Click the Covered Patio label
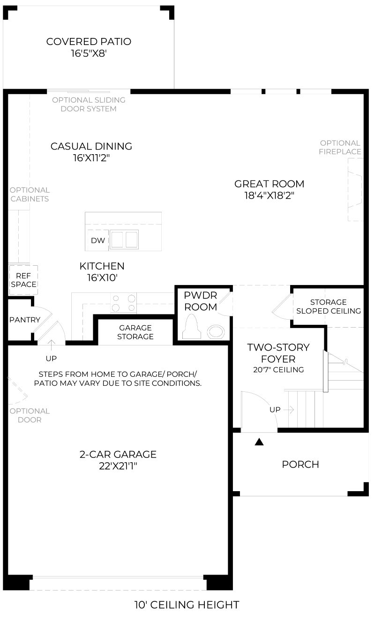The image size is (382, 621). [89, 42]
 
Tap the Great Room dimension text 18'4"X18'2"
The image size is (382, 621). [269, 195]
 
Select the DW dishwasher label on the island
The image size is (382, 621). [98, 240]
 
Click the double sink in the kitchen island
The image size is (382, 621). [124, 239]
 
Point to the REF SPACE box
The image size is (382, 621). [23, 280]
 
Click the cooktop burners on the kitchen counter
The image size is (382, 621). [124, 303]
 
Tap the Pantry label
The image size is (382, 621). [25, 320]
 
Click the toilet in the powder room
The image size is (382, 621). [192, 327]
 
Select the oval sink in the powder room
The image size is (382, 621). [216, 331]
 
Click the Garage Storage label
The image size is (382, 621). [135, 332]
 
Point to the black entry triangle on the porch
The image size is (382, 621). [259, 442]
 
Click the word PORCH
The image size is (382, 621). [300, 464]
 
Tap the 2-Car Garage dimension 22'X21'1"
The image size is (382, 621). [118, 466]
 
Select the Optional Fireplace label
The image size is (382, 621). [340, 147]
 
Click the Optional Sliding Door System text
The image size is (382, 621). [89, 104]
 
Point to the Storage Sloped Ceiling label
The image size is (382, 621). [329, 307]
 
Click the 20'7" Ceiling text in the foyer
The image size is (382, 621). [278, 369]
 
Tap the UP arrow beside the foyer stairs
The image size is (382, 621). [289, 410]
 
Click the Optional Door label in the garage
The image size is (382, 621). [30, 415]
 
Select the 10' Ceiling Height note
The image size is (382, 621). [187, 605]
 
